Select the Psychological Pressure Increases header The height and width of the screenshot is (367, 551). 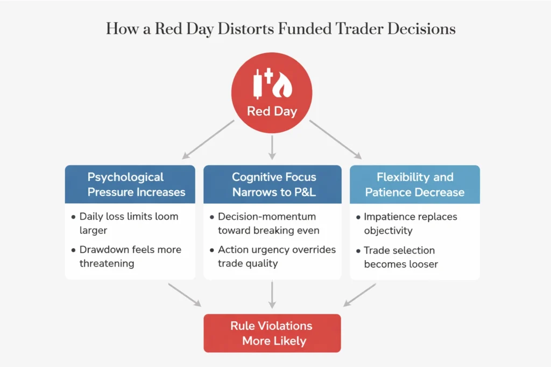point(130,184)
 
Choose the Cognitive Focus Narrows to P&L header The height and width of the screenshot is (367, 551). point(272,184)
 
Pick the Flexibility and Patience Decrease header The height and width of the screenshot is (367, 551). point(414,184)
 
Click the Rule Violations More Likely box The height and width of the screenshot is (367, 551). point(272,333)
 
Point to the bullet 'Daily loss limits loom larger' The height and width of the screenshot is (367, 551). point(128,223)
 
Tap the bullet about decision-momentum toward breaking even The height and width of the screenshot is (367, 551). point(269,223)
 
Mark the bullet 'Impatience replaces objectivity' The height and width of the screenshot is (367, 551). point(409,223)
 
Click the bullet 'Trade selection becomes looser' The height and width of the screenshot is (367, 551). point(398,257)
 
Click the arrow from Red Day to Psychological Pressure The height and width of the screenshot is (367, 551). point(209,139)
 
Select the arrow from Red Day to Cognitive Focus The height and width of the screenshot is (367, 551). point(272,146)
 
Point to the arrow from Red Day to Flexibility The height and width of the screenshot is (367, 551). point(336,139)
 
